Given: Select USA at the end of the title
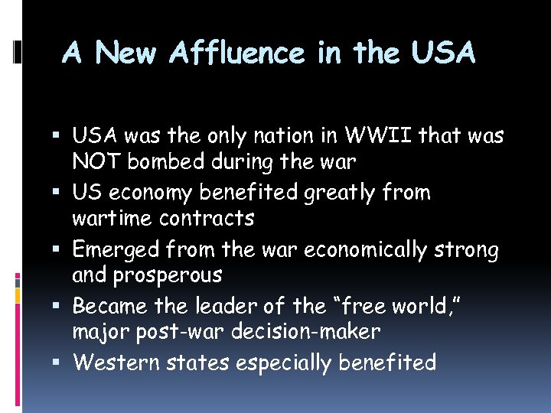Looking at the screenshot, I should point(443,53).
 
